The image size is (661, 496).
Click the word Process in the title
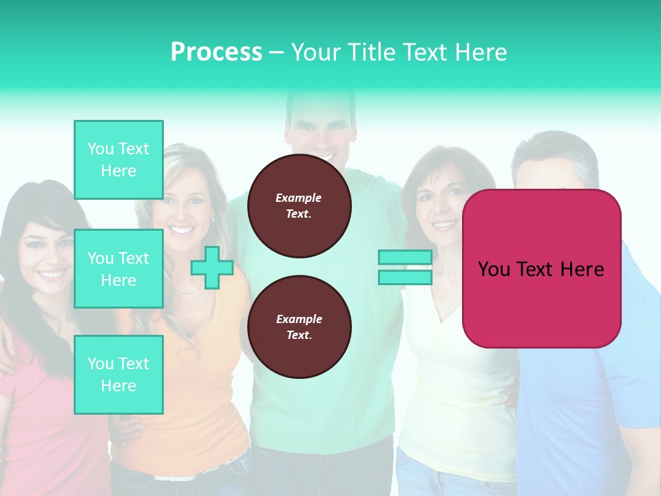[x=216, y=52]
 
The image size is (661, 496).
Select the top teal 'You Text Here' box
[x=118, y=160]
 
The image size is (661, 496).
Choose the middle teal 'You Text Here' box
[x=118, y=269]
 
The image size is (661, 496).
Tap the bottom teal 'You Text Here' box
[x=118, y=375]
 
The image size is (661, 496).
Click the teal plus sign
[x=212, y=267]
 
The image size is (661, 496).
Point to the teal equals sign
[x=405, y=267]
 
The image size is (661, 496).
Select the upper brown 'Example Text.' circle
[x=299, y=206]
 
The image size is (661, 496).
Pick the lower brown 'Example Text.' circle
[x=299, y=327]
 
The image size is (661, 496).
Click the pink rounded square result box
[x=541, y=269]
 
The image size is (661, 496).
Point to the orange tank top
[x=200, y=386]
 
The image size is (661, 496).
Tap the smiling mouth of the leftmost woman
[x=52, y=275]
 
